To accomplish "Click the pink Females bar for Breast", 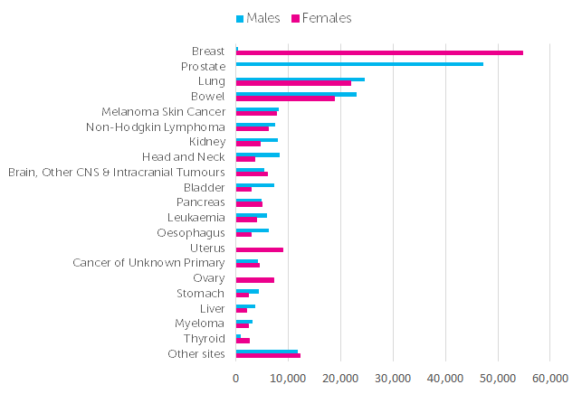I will point(379,52).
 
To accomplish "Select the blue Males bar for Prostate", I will point(359,63).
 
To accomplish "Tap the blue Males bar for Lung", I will point(300,79).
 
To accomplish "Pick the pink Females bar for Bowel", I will point(285,98).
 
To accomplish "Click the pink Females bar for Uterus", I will point(259,249).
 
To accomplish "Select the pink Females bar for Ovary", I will point(254,280).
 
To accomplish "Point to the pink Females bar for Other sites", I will point(268,356).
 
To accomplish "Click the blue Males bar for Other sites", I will point(266,352).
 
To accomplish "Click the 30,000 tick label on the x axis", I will point(392,378).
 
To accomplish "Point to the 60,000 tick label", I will point(549,378).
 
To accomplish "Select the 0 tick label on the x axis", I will point(236,378).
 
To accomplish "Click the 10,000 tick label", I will point(288,378).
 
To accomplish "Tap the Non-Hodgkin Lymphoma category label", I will point(155,127).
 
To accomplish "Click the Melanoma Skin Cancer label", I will point(163,111).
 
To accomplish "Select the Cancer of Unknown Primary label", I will point(148,263).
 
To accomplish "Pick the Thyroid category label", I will point(204,339).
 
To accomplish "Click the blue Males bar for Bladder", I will point(254,185).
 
